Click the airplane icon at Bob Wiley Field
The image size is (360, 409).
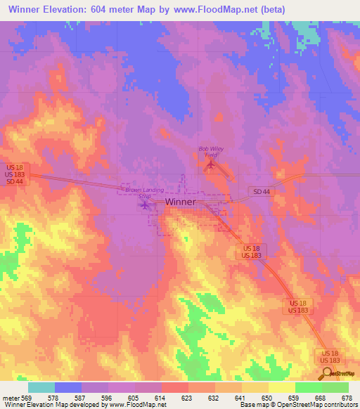click(210, 164)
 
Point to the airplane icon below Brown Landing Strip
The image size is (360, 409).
click(145, 205)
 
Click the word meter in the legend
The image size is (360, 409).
click(10, 398)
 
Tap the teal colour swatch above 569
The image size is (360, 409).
click(41, 387)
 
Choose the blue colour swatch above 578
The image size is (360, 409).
click(67, 387)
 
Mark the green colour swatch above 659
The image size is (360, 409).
click(308, 387)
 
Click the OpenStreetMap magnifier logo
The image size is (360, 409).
click(326, 374)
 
